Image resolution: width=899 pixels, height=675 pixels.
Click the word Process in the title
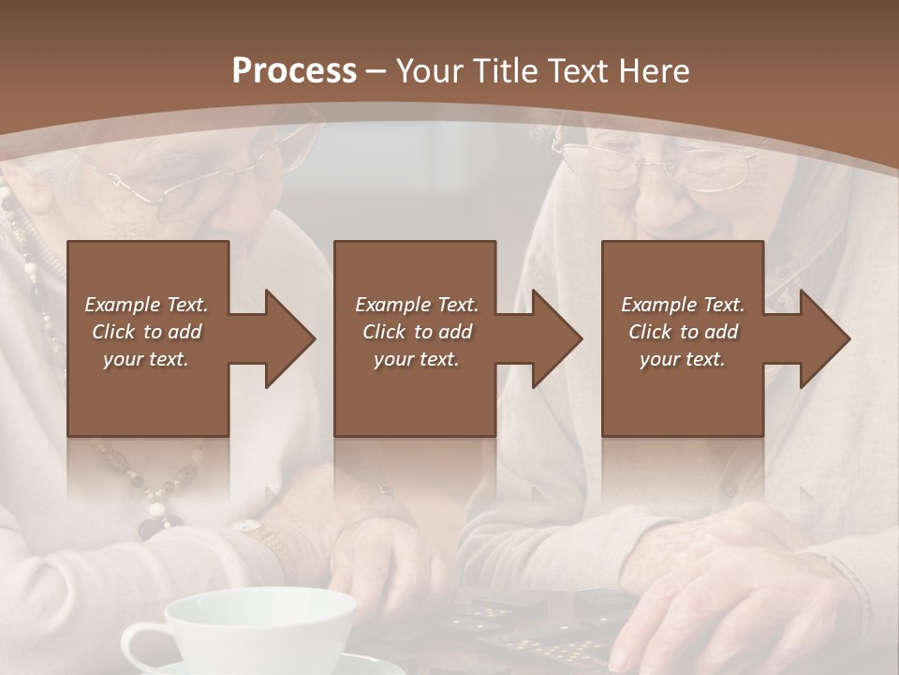coord(294,71)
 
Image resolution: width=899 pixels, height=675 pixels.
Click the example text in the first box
coord(146,332)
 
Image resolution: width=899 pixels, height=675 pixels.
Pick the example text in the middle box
coord(416,332)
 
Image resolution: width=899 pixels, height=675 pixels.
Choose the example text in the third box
coord(682,332)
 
